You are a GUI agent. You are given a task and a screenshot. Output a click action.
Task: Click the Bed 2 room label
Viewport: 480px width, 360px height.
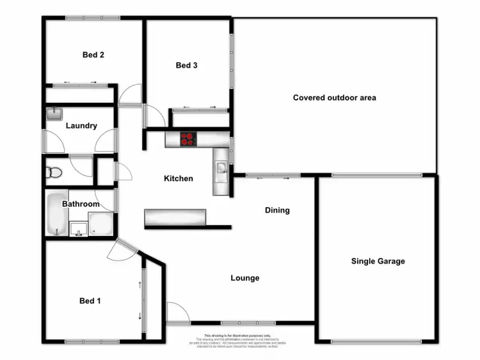click(93, 55)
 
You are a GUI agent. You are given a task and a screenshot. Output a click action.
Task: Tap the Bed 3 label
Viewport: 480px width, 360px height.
click(186, 65)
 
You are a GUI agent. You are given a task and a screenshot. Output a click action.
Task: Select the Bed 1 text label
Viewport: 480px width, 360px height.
click(90, 301)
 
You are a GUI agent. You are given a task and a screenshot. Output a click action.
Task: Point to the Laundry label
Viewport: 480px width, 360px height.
click(81, 126)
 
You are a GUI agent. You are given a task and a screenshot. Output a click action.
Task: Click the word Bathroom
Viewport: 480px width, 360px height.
click(81, 204)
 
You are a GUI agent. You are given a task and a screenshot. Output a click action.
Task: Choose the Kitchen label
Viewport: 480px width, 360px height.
click(179, 178)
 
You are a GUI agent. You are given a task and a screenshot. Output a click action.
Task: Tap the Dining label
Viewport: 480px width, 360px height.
click(277, 210)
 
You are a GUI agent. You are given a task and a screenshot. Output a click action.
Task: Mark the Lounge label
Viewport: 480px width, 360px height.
click(245, 278)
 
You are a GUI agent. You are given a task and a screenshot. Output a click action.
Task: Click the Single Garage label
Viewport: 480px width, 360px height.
click(378, 261)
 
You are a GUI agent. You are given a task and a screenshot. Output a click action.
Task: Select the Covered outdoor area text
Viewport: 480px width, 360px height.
click(334, 98)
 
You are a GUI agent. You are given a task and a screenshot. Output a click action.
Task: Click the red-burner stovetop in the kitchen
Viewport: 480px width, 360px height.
click(188, 139)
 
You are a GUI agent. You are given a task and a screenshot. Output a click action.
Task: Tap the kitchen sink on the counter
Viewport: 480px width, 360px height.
click(221, 169)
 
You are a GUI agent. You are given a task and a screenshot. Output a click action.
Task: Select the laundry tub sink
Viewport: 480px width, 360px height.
click(54, 114)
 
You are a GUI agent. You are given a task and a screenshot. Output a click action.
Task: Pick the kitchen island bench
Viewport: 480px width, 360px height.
click(177, 218)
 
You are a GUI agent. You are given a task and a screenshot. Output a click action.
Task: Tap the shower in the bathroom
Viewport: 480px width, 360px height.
click(100, 224)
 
